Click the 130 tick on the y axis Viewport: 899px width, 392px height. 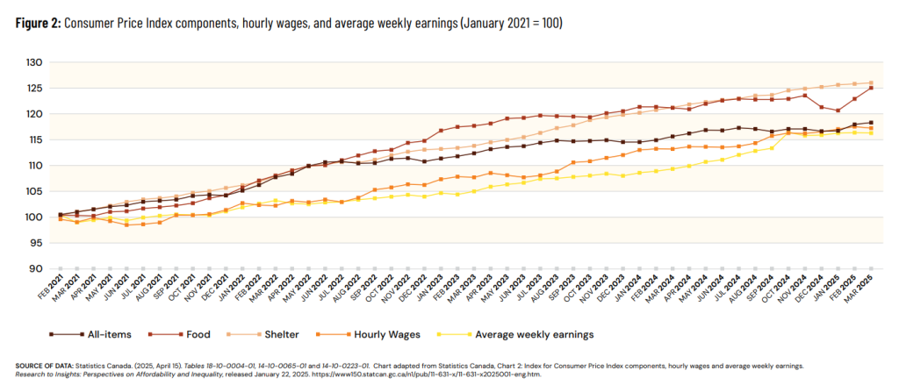[x=32, y=62]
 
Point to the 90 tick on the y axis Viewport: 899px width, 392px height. [x=35, y=269]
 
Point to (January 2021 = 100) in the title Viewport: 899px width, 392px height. [x=507, y=23]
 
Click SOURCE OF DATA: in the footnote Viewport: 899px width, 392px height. [x=41, y=364]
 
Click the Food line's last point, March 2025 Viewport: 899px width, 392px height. [x=871, y=88]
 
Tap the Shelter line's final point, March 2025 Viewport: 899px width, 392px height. [x=871, y=82]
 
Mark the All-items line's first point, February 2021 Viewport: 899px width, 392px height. [x=60, y=215]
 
